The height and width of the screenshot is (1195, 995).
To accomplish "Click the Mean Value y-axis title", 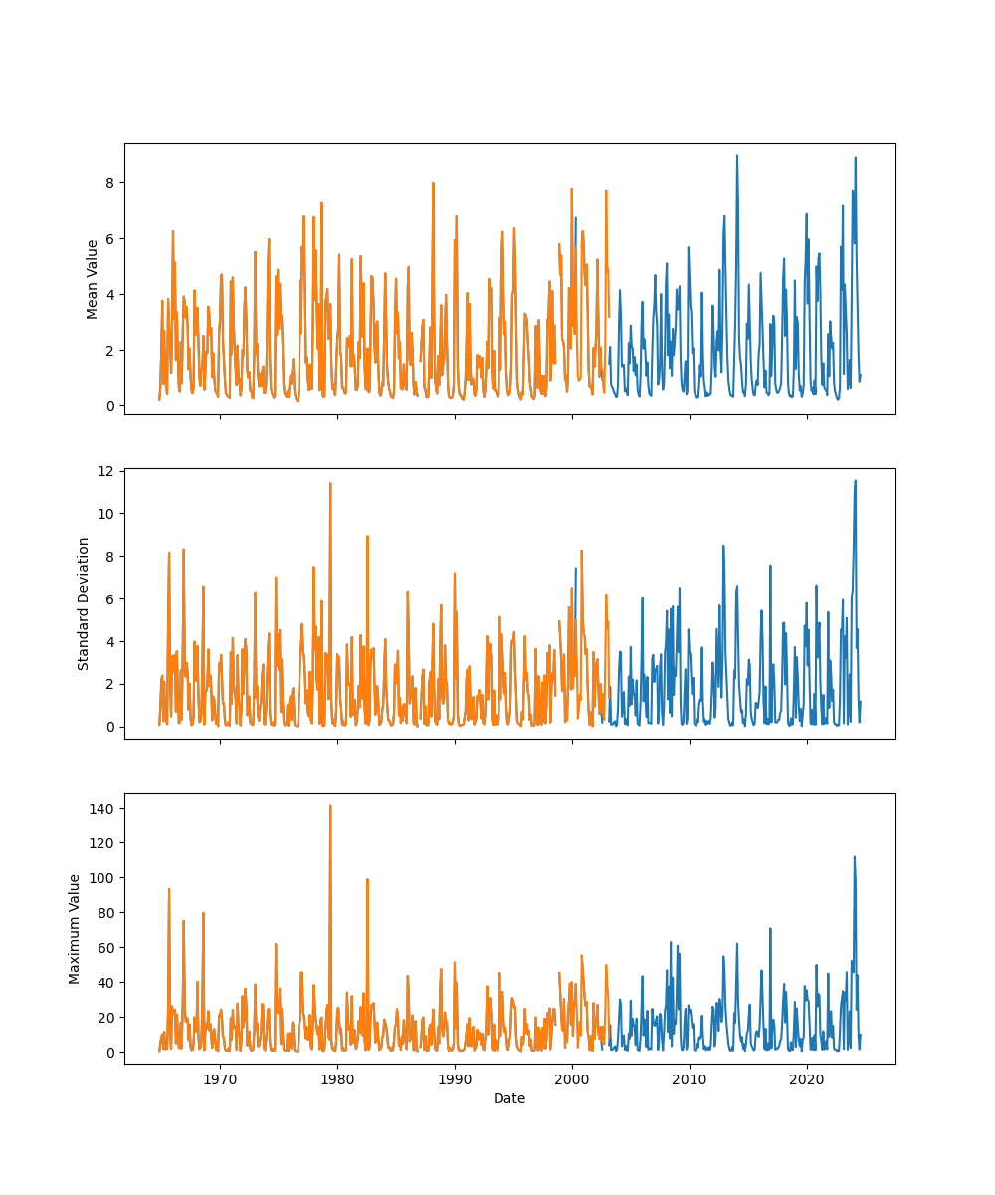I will (x=93, y=279).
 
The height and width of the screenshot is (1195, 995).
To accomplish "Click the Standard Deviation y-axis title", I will (x=84, y=603).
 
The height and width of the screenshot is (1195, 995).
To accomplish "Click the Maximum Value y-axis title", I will (x=75, y=928).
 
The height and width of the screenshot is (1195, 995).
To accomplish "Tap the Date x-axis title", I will (x=509, y=1098).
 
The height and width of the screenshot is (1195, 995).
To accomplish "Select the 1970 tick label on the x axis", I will (x=220, y=1078).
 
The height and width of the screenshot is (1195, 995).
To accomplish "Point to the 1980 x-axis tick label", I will (x=337, y=1078).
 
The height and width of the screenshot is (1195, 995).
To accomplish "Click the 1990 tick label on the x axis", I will (x=455, y=1078).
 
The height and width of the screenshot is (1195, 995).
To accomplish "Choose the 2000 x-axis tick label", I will (x=572, y=1078).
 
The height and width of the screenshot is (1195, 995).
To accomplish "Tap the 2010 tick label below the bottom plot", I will (x=690, y=1078).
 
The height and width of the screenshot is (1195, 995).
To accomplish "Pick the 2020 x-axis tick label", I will (x=807, y=1078).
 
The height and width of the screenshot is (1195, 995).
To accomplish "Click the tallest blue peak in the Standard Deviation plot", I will (x=855, y=481).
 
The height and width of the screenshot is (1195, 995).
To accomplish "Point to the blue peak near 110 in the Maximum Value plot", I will (x=854, y=857).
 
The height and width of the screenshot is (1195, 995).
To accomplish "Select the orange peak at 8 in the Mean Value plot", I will (x=433, y=183).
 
